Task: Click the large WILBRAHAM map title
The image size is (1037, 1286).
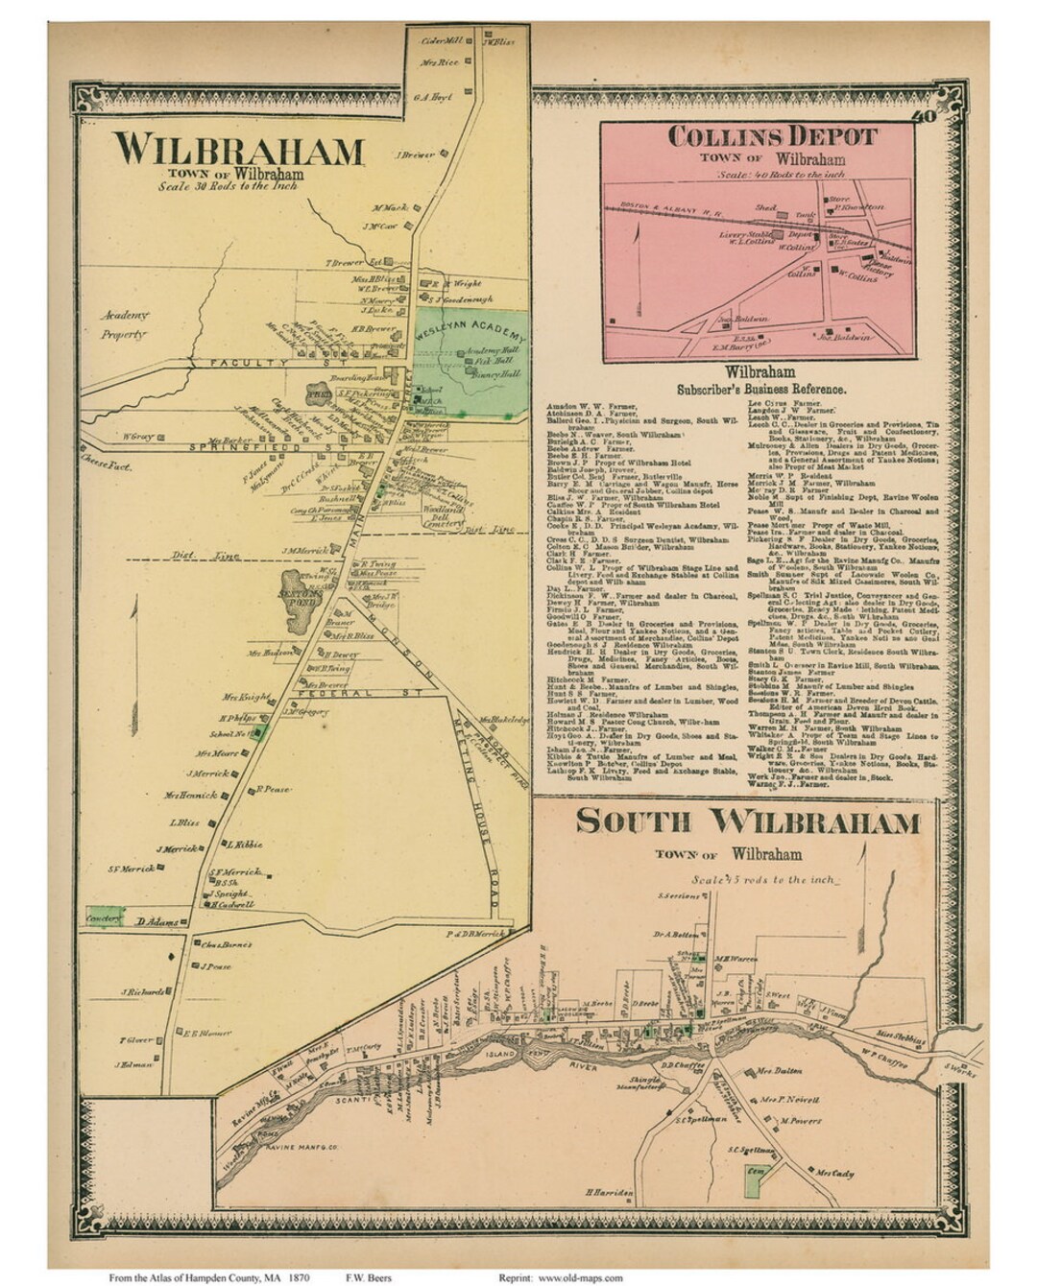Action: pos(239,152)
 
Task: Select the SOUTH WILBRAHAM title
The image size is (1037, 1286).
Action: pos(748,822)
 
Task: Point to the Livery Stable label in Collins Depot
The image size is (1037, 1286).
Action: pos(745,231)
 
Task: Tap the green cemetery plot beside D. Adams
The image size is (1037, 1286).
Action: pos(104,917)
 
